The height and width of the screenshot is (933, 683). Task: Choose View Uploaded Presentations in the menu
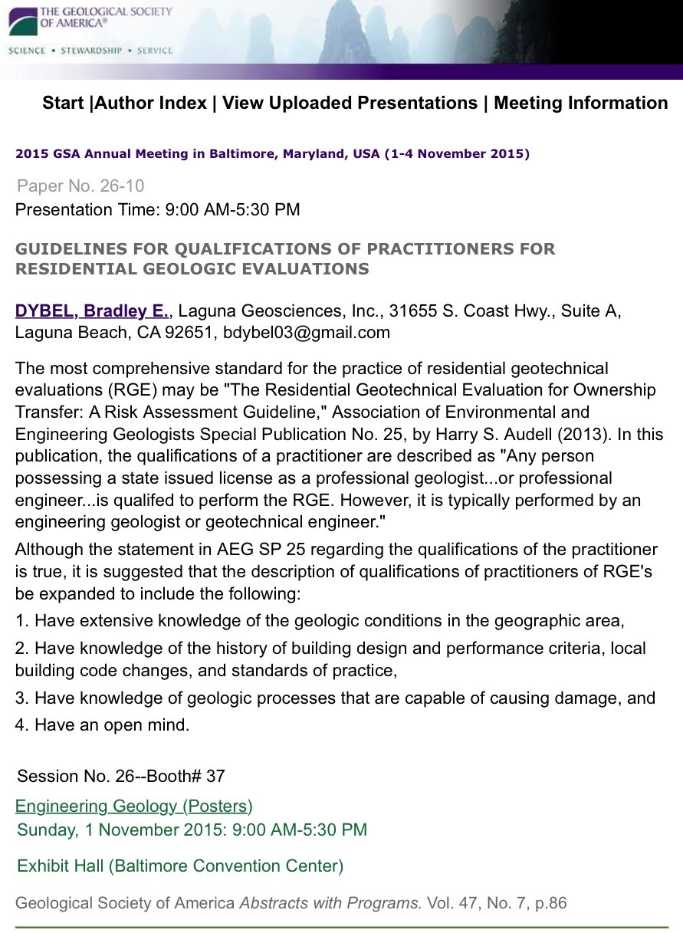350,103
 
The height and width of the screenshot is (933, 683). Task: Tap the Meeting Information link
580,103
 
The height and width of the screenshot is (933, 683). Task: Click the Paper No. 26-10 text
80,186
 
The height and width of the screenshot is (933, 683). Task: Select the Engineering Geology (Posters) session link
134,806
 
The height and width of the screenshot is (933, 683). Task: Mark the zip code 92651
195,333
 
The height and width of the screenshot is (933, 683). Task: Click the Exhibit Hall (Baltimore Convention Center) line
180,866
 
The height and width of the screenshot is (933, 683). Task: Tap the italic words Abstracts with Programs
330,903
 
